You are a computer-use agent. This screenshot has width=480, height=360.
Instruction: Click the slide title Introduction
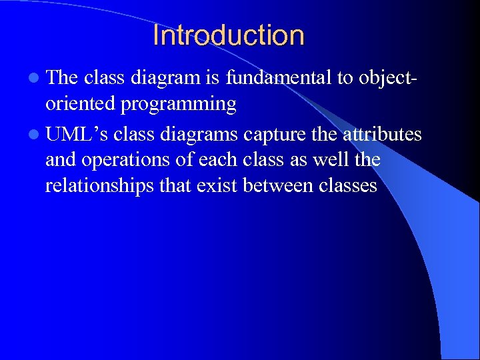click(x=228, y=35)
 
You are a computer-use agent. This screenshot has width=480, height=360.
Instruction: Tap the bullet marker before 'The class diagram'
click(x=34, y=79)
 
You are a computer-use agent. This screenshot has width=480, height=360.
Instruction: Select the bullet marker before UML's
click(x=34, y=135)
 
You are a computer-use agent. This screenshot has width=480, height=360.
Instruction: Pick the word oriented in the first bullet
click(x=79, y=104)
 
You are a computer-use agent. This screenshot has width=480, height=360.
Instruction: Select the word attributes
click(x=382, y=134)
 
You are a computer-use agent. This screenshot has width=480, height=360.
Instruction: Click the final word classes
click(x=348, y=185)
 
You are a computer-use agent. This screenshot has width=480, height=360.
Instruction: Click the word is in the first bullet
click(x=213, y=78)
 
